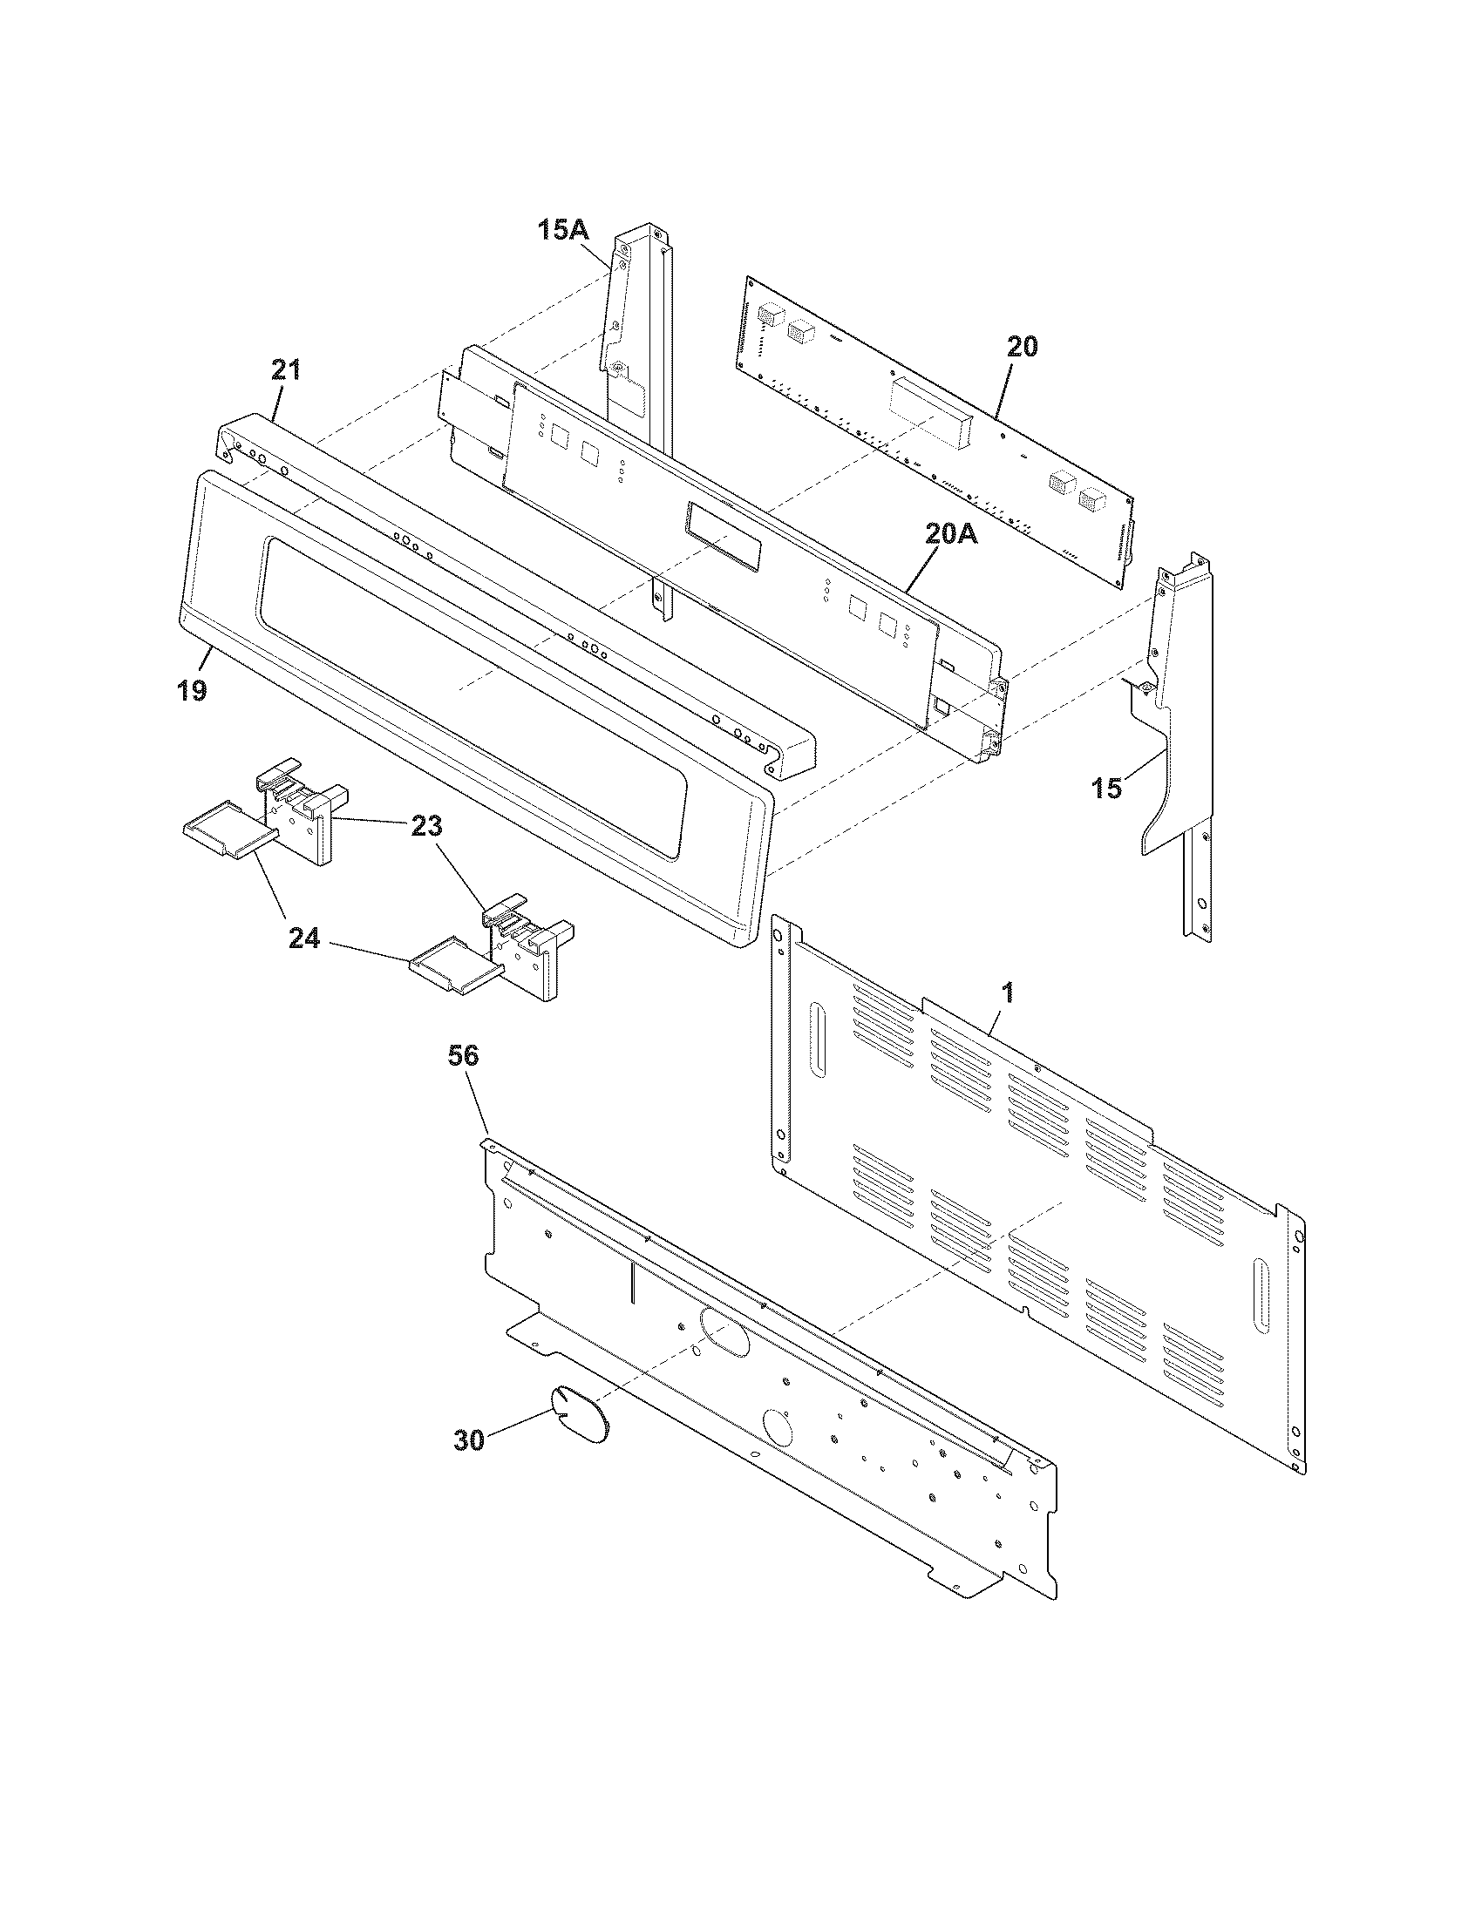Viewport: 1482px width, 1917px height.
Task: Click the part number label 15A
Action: [x=563, y=231]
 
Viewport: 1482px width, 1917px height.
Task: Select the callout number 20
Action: [x=1021, y=347]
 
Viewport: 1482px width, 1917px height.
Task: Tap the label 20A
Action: [x=949, y=533]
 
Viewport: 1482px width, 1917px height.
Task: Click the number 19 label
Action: [x=192, y=691]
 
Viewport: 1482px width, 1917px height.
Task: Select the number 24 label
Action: [x=304, y=940]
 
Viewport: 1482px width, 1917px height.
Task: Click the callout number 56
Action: [x=463, y=1056]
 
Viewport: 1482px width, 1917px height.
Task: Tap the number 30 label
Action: [x=469, y=1440]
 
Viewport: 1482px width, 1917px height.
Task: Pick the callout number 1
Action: [x=1008, y=993]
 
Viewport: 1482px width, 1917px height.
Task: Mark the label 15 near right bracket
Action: [x=1107, y=789]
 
